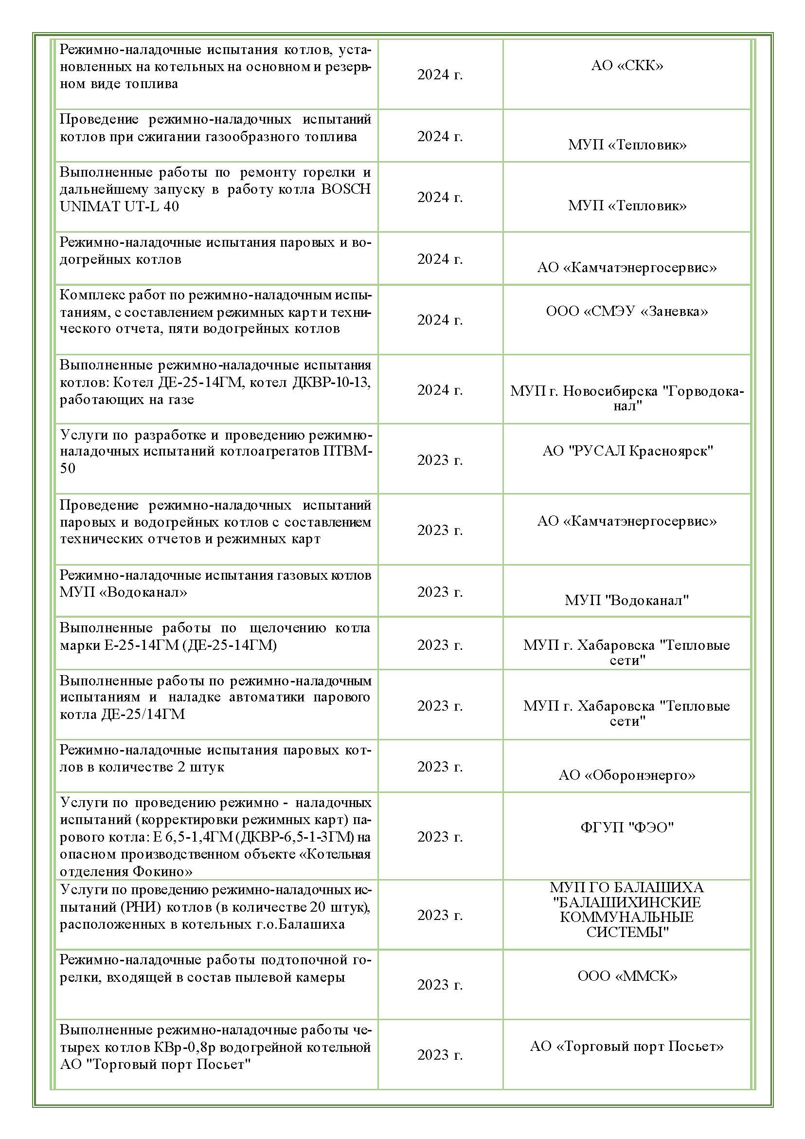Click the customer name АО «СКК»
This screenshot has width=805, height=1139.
[x=626, y=66]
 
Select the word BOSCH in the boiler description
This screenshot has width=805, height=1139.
[x=346, y=189]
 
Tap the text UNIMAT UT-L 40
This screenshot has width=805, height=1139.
[x=119, y=206]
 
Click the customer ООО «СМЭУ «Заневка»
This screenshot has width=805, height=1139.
[x=626, y=311]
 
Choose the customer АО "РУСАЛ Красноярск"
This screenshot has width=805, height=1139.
[x=627, y=451]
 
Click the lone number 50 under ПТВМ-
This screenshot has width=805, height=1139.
[x=68, y=468]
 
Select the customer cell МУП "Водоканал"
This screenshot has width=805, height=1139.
[x=626, y=600]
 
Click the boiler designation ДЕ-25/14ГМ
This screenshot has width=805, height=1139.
[x=143, y=715]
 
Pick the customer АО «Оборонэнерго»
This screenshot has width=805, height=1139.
[x=626, y=775]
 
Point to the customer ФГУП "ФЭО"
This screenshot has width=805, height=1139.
[x=626, y=827]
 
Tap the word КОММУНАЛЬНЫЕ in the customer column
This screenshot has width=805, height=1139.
[x=626, y=917]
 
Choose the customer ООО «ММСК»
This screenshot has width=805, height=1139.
[x=626, y=976]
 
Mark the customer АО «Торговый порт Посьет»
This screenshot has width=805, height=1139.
[x=626, y=1046]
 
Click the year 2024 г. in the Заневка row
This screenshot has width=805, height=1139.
[x=440, y=320]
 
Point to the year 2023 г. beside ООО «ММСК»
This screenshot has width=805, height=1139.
[x=440, y=985]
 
